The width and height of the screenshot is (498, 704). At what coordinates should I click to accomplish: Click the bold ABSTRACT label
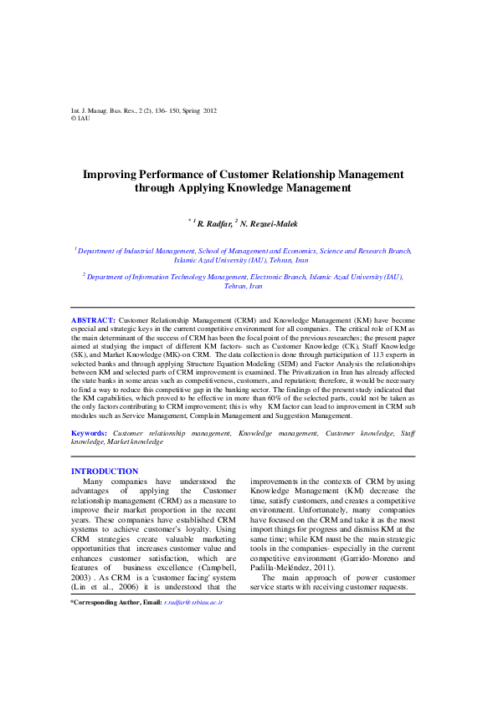coord(93,320)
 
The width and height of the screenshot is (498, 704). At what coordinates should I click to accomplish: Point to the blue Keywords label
coord(89,433)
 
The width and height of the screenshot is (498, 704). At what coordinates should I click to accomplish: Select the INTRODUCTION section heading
coord(105,472)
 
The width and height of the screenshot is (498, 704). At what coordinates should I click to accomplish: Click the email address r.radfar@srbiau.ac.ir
coord(193,579)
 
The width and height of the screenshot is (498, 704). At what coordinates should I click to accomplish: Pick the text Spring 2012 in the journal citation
coord(199,110)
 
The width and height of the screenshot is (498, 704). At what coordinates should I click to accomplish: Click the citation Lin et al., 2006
coord(98,564)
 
